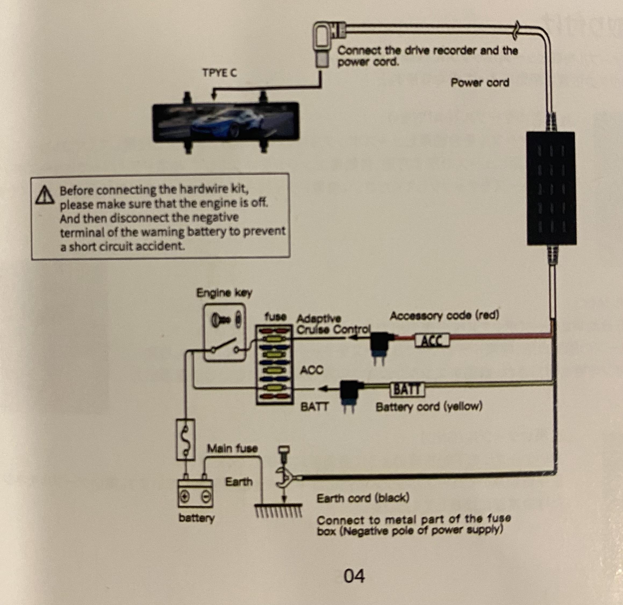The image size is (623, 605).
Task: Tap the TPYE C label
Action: pos(220,73)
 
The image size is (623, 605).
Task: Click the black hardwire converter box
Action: pos(551,188)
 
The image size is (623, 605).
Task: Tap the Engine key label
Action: pos(224,292)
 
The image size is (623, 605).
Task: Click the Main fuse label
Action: pos(232,448)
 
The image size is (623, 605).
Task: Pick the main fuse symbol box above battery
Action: pos(185,439)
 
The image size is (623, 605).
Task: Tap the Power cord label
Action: pos(480,83)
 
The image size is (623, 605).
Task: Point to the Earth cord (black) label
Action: pos(363,498)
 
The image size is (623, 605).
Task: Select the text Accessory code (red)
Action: pos(444,316)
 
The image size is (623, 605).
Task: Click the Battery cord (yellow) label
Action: pos(429,407)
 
